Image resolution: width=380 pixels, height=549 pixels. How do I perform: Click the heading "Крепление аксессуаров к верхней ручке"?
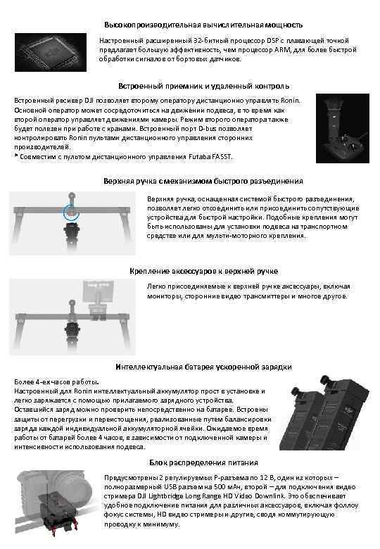(203, 271)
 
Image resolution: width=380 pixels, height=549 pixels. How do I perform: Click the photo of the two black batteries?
(324, 416)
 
